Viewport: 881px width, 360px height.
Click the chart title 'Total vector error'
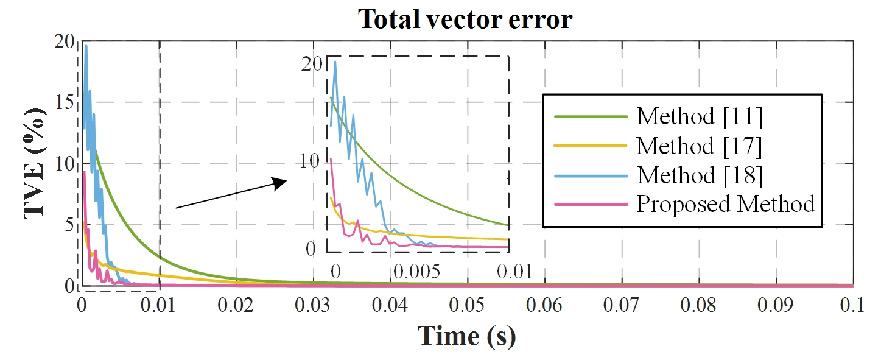(465, 19)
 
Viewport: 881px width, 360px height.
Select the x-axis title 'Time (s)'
(466, 336)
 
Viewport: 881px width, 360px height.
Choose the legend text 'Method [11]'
(700, 116)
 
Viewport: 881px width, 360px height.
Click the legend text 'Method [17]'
(700, 146)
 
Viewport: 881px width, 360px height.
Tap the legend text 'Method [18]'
(700, 175)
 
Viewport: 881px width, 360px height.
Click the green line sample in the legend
(590, 116)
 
